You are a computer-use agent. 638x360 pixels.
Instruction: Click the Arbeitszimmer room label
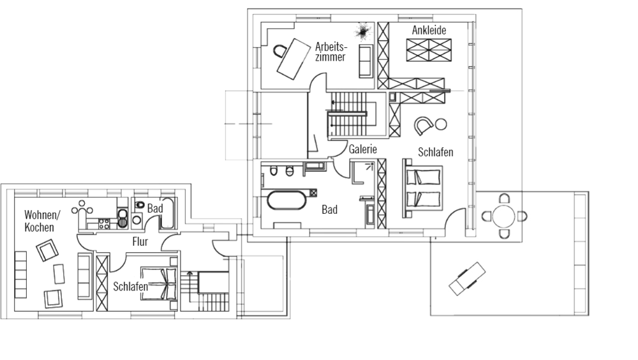click(x=330, y=51)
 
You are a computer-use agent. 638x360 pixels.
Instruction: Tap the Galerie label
click(x=363, y=149)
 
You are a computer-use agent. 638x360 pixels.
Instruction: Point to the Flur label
click(x=140, y=242)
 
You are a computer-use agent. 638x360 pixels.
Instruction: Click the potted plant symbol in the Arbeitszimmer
click(x=362, y=31)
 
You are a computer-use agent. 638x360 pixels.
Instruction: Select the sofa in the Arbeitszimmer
click(x=366, y=61)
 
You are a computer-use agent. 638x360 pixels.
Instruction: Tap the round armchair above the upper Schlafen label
click(x=424, y=125)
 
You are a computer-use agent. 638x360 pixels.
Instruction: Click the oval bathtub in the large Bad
click(x=285, y=201)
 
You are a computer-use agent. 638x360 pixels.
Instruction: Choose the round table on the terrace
click(x=505, y=216)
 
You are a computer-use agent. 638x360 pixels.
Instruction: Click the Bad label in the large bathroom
click(x=329, y=209)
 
